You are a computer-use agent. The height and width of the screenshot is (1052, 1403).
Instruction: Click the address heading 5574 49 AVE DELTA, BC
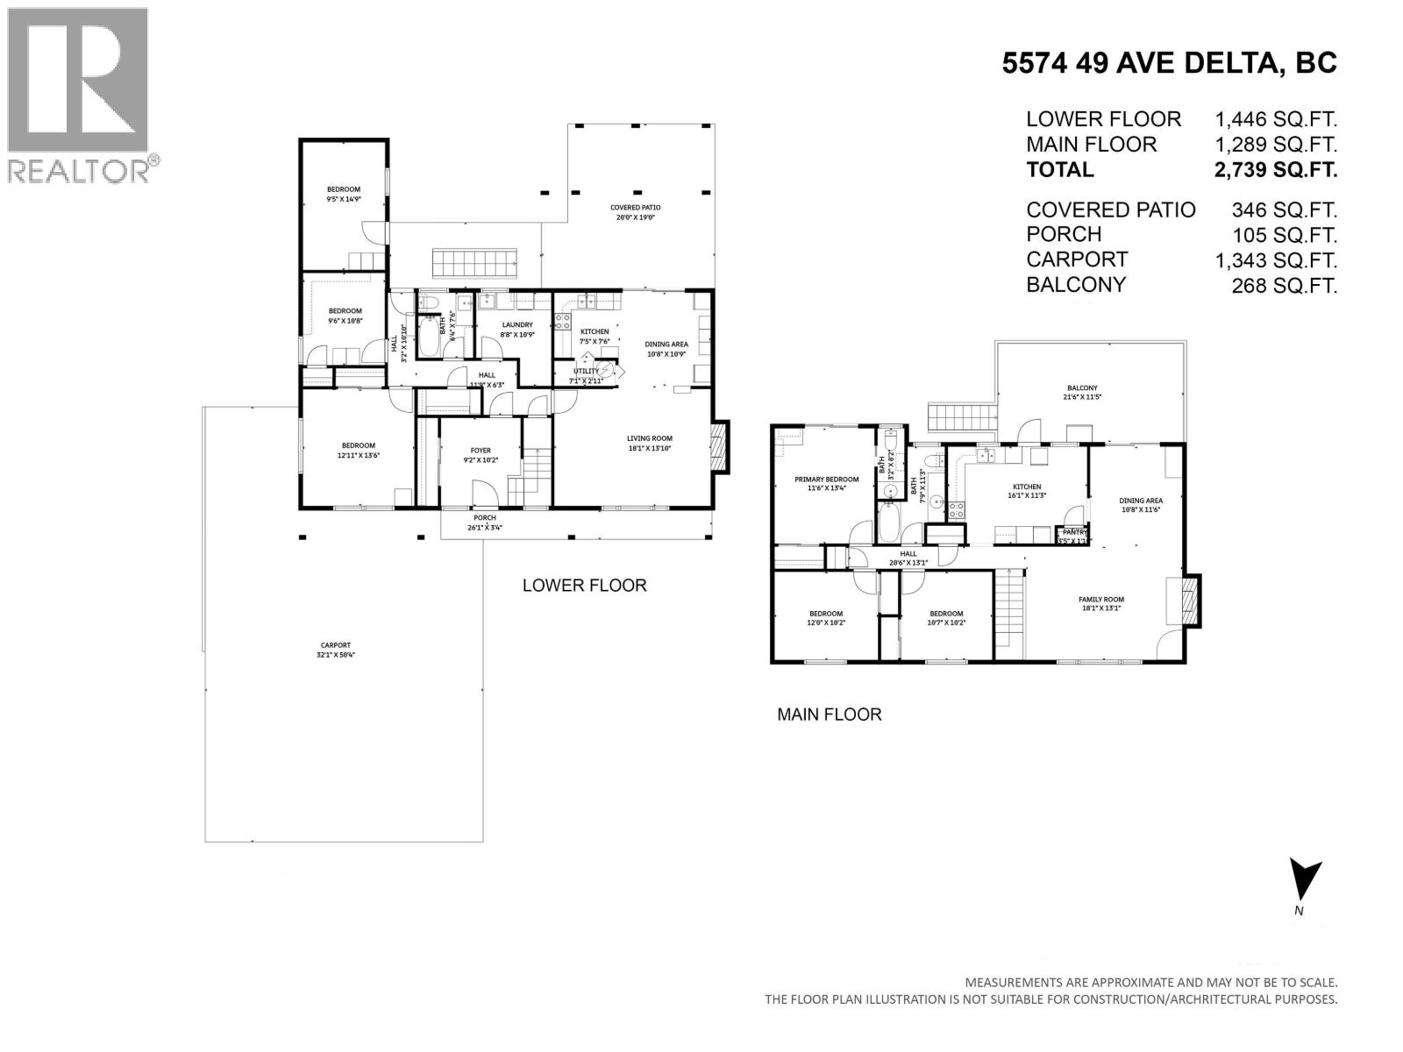coord(1170,63)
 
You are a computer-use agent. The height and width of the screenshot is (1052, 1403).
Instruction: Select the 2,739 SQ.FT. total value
coord(1275,170)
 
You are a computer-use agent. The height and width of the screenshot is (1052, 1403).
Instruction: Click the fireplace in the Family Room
coord(1190,601)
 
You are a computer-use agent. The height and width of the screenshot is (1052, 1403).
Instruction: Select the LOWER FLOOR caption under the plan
coord(584,586)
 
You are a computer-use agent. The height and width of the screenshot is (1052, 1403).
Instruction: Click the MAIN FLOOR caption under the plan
coord(829,714)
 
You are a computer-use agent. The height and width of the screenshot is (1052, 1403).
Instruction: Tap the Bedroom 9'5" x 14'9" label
coord(344,194)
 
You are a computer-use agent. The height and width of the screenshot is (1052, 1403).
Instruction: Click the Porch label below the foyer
coord(484,523)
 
